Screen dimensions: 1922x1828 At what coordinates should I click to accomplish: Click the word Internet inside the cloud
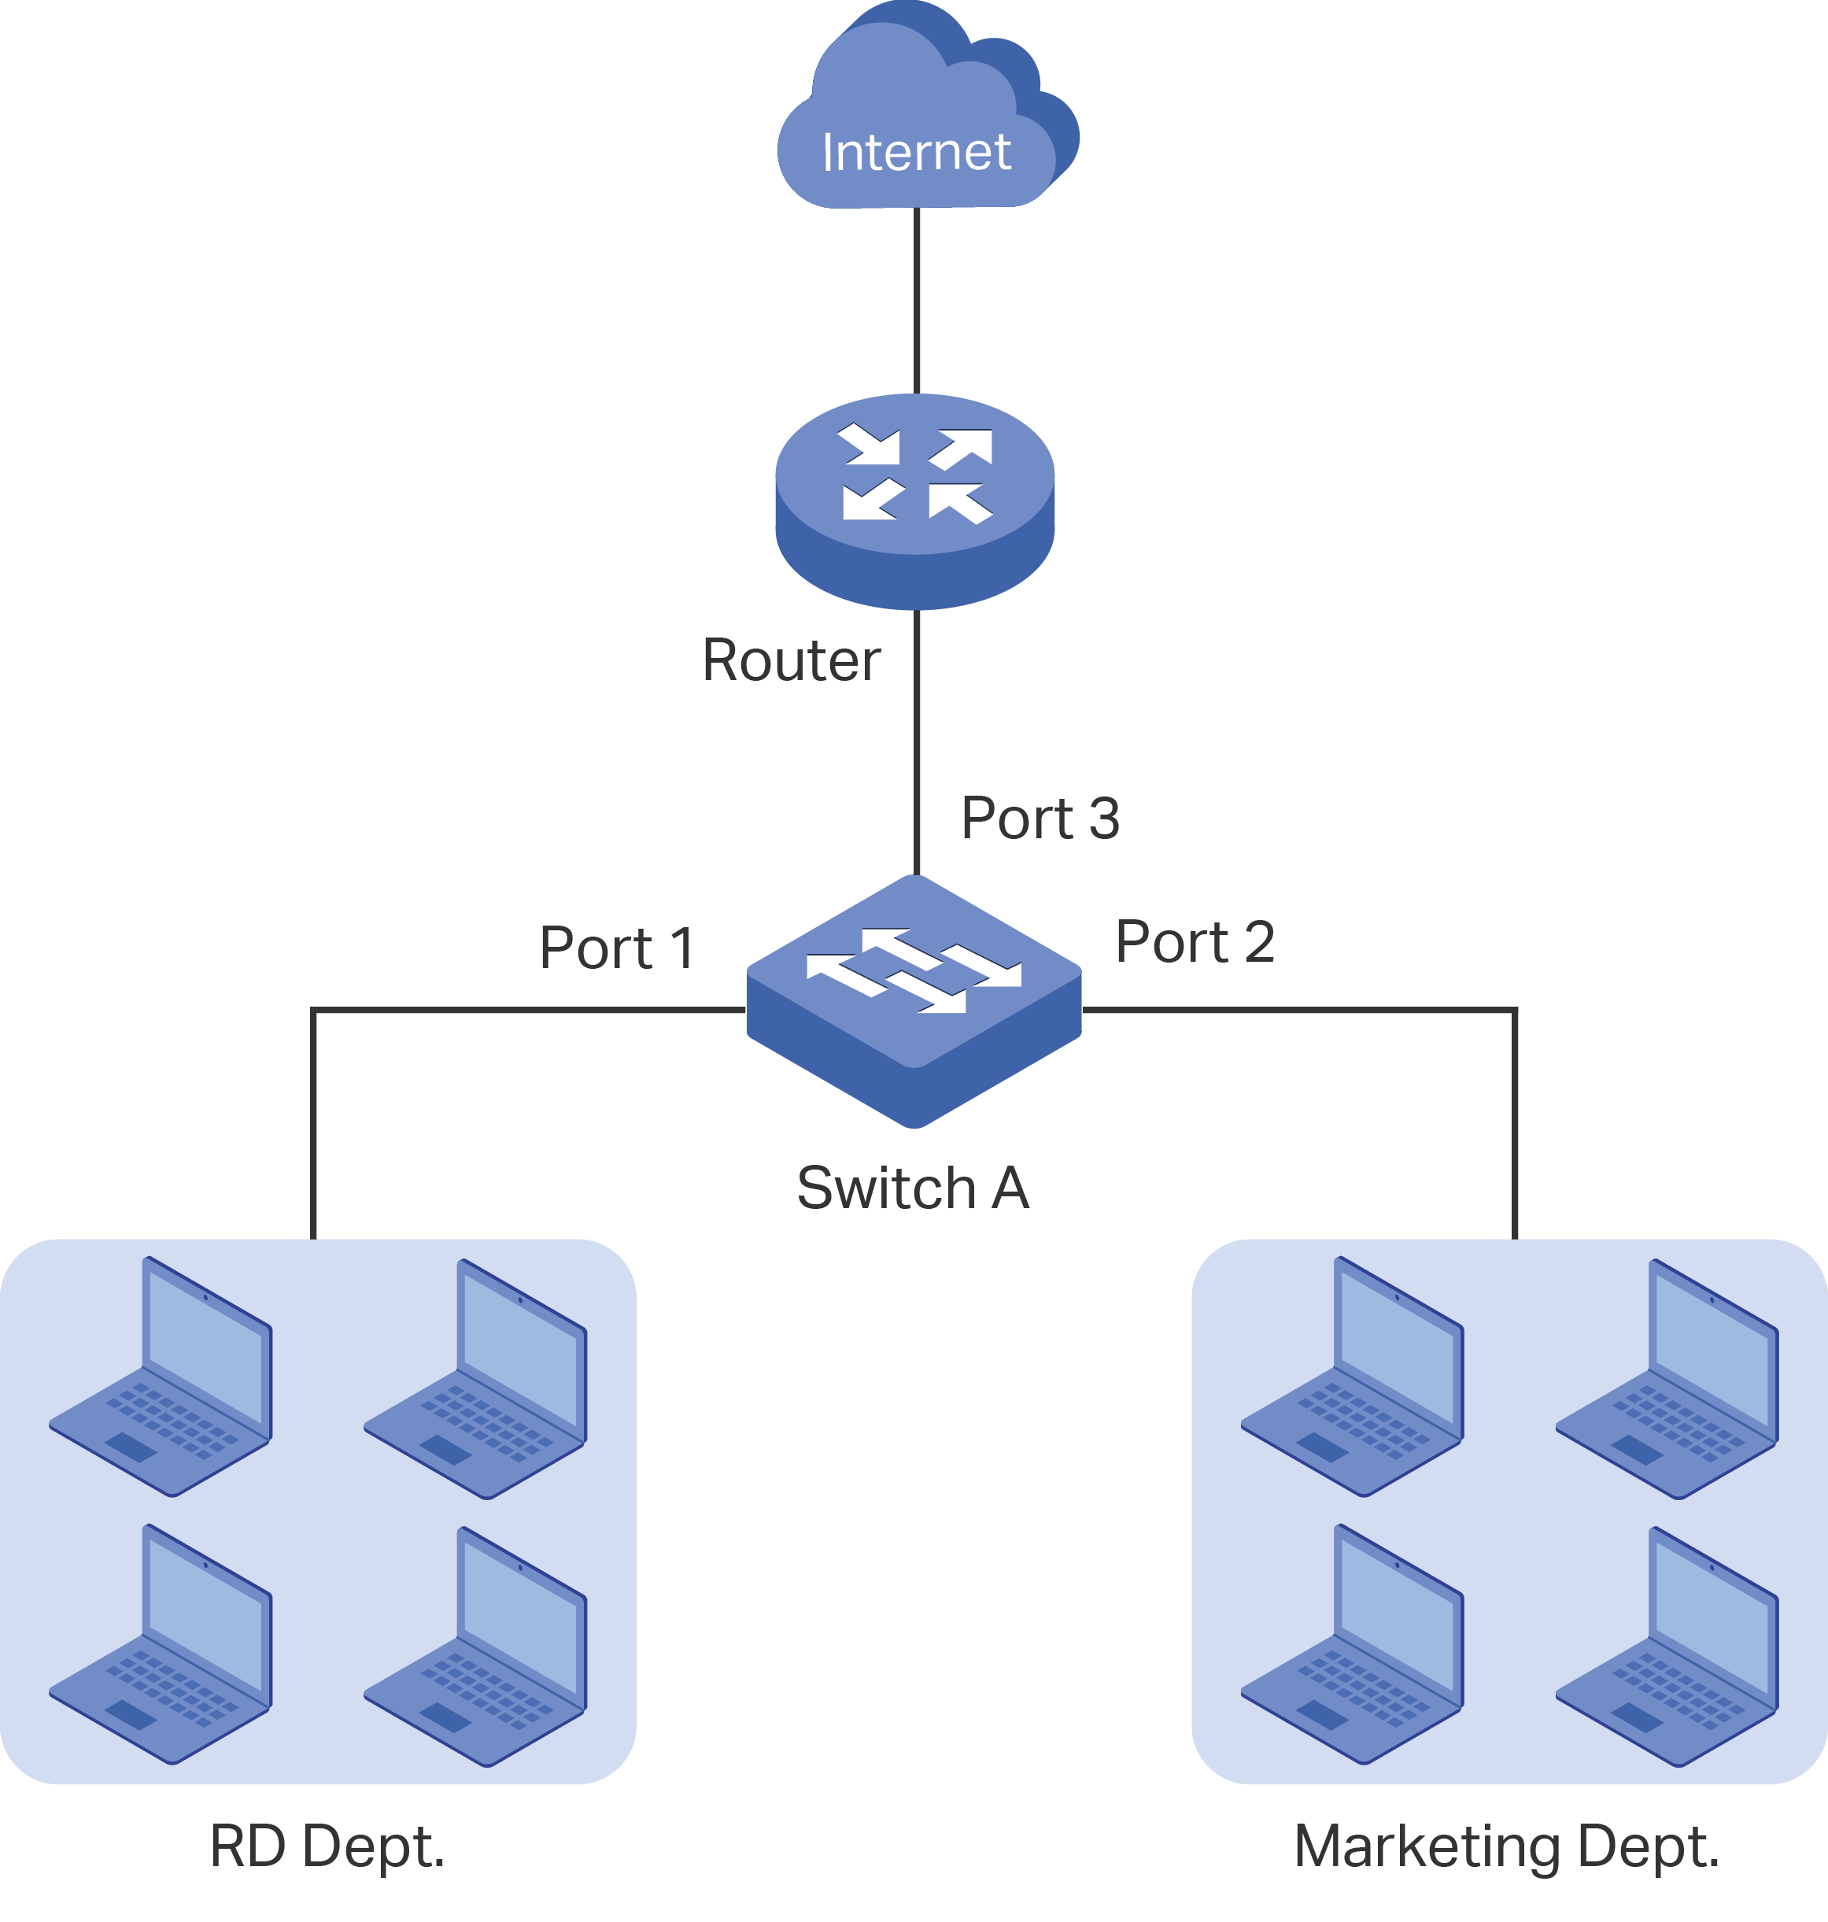click(916, 152)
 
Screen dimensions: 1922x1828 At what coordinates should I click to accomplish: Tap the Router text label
click(790, 661)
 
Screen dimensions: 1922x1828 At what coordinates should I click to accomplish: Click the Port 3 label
click(1040, 818)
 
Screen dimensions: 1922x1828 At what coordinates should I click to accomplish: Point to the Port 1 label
click(617, 948)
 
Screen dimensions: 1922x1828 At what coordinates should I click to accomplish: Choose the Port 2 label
click(1195, 942)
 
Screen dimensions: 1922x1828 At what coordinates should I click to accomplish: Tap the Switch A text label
click(912, 1188)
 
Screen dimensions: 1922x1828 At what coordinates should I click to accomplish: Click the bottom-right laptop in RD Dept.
click(475, 1647)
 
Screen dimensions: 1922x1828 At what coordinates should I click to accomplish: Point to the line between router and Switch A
click(916, 741)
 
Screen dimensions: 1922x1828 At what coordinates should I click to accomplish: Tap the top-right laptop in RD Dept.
click(475, 1380)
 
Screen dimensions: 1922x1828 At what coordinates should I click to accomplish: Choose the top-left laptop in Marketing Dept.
click(1353, 1378)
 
